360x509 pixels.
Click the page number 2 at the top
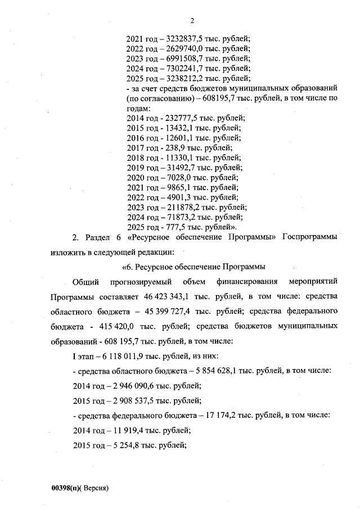(x=192, y=21)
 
